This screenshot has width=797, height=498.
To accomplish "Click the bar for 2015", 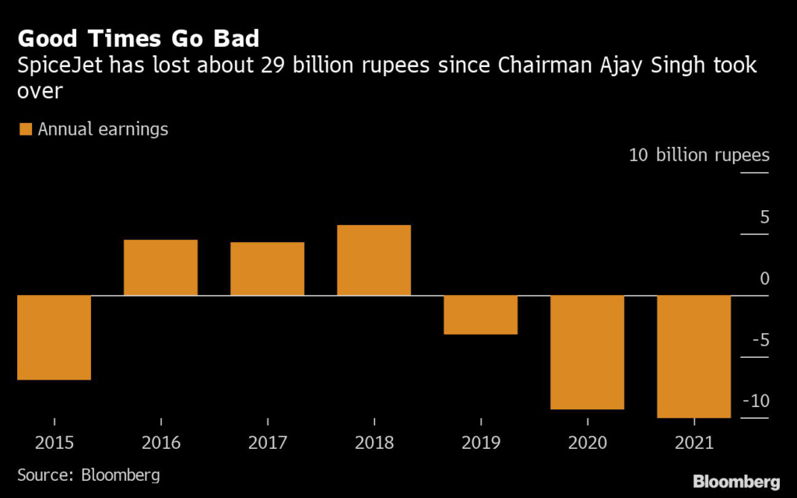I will tap(54, 338).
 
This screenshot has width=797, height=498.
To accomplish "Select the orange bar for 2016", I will tap(160, 268).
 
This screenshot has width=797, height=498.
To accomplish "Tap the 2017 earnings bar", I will tap(267, 269).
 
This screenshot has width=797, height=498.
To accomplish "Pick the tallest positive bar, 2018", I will tap(374, 261).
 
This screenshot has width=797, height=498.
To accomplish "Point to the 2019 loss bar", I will tap(480, 315).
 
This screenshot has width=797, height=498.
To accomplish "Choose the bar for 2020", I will tap(587, 352).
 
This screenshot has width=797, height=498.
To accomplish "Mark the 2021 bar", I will tap(693, 357).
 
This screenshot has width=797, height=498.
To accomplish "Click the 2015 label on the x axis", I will tap(54, 444).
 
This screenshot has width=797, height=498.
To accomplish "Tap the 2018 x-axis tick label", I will tap(374, 444).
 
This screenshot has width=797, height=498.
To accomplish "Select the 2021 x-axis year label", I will tap(693, 444).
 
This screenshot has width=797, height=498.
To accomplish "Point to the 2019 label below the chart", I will tap(480, 444).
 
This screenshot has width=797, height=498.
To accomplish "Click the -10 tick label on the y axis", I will tap(754, 402).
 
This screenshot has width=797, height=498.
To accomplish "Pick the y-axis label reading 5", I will tap(764, 217).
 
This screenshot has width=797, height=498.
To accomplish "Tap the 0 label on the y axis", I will tap(764, 279).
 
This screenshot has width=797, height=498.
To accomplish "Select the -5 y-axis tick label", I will tap(758, 340).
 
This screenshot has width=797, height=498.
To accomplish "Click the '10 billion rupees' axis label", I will tap(698, 155).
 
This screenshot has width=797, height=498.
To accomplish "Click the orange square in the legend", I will tap(25, 130).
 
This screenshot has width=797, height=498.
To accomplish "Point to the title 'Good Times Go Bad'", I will tap(139, 39).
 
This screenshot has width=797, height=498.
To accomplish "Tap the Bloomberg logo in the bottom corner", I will tap(736, 480).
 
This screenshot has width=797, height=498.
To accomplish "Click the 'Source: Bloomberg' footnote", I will tap(89, 475).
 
